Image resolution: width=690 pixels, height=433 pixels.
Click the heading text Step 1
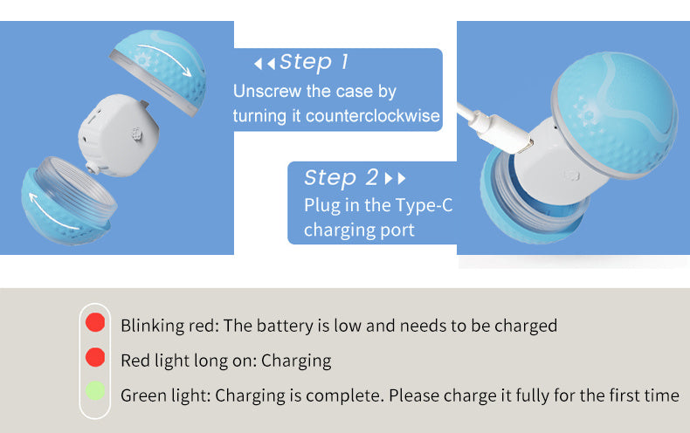click(314, 62)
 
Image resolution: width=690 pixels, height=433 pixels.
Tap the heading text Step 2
click(341, 177)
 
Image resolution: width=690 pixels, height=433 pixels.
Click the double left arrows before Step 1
click(265, 64)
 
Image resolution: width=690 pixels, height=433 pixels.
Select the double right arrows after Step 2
click(395, 178)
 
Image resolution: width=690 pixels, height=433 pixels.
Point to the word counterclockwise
click(373, 116)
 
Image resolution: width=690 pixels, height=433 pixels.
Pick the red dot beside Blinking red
click(95, 322)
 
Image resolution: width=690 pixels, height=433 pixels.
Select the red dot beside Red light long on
click(95, 357)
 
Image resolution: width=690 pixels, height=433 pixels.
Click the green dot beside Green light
click(95, 391)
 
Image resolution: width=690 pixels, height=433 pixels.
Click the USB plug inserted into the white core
click(506, 134)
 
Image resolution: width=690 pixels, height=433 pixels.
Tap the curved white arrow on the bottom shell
click(49, 214)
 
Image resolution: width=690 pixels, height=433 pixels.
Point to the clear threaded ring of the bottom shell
click(75, 190)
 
